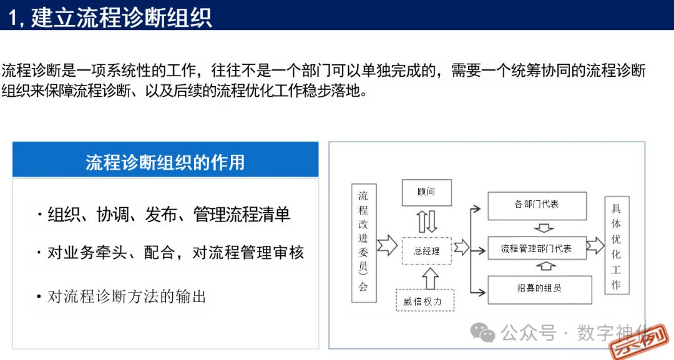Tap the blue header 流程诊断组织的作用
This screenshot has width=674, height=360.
click(165, 162)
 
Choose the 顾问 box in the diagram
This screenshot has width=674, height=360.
click(426, 193)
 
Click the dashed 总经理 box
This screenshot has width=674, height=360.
click(427, 251)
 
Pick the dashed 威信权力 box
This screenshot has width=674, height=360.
click(425, 301)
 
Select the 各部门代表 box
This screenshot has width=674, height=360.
click(537, 205)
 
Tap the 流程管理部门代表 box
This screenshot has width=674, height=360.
click(537, 248)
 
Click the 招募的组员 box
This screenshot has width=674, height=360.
click(539, 288)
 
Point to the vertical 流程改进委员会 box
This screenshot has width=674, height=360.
click(363, 243)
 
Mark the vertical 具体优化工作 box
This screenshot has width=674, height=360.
click(617, 245)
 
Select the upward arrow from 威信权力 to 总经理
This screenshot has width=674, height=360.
click(427, 277)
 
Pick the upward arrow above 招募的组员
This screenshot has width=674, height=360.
click(545, 267)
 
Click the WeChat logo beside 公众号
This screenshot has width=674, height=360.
click(482, 333)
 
